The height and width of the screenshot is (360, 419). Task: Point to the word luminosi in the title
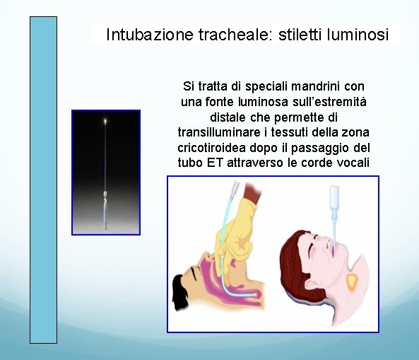pos(358,34)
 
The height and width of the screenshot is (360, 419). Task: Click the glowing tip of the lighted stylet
pos(106,122)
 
